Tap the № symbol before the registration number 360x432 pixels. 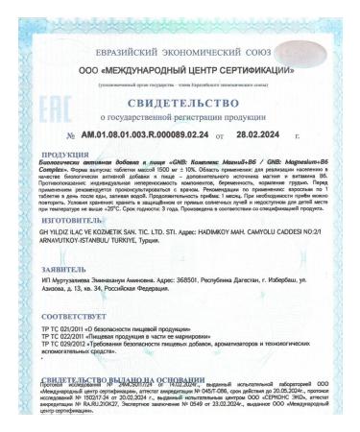[x=70, y=140]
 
